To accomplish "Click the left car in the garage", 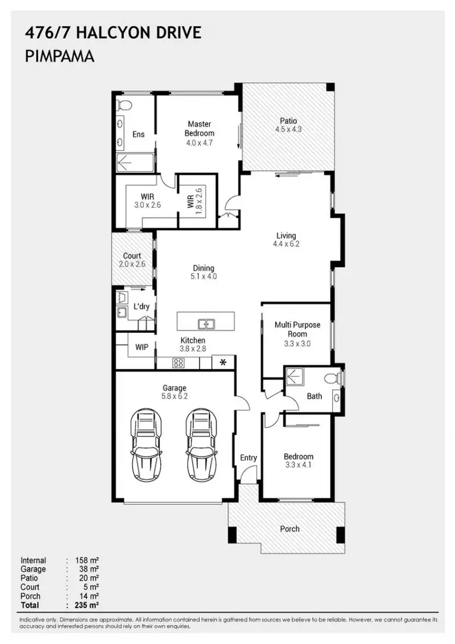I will click(147, 444).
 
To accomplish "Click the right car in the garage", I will click(202, 444).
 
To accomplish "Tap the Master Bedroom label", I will click(199, 129).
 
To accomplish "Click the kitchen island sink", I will click(206, 324).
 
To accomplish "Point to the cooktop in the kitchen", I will click(178, 362).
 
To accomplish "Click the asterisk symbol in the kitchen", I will click(224, 362).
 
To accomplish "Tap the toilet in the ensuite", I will click(125, 106).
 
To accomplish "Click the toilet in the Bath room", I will click(332, 377).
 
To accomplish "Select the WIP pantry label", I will click(142, 346).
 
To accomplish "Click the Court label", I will click(132, 256).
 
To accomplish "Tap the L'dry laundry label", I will click(141, 306).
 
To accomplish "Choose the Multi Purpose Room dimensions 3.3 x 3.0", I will click(297, 343).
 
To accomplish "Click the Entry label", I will click(248, 458).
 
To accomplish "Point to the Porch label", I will click(290, 528).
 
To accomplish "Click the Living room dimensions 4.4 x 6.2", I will click(286, 244).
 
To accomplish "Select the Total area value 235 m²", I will click(87, 605).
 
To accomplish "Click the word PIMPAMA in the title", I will click(61, 57).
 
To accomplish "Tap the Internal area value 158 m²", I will click(87, 561).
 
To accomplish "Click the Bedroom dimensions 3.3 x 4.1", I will click(298, 466).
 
